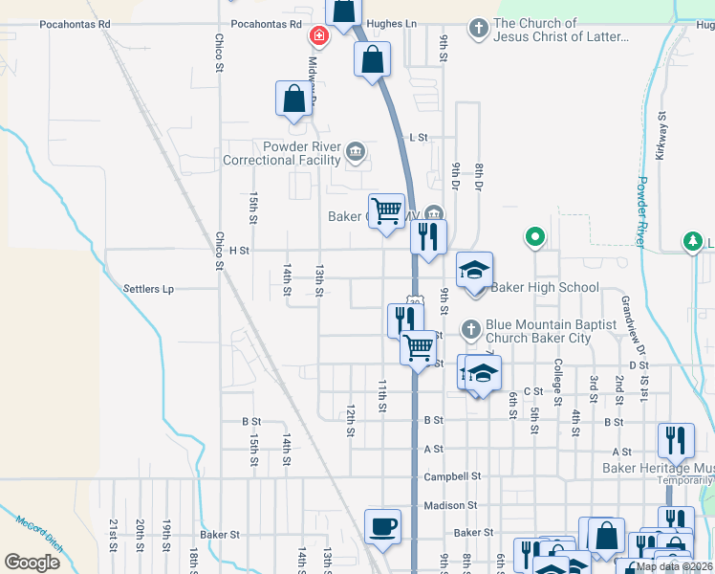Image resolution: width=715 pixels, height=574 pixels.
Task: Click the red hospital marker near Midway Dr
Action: click(318, 36)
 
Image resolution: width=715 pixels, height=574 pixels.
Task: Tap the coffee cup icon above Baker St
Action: click(382, 526)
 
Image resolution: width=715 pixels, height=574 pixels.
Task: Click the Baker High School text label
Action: click(545, 287)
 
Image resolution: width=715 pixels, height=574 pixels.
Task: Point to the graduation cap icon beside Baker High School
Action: click(474, 270)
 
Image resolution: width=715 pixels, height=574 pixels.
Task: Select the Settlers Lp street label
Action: click(148, 288)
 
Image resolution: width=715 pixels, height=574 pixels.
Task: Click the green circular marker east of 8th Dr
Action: click(535, 235)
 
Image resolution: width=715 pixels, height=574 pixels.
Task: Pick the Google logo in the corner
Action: click(32, 563)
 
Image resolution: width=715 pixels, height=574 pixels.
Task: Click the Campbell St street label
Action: click(452, 476)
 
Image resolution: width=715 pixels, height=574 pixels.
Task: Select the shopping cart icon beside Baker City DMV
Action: click(386, 210)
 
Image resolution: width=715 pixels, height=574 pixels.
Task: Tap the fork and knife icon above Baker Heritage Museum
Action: click(676, 441)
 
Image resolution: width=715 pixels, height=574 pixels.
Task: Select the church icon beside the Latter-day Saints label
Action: click(478, 29)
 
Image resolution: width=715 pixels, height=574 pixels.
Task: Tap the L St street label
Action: click(418, 138)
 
